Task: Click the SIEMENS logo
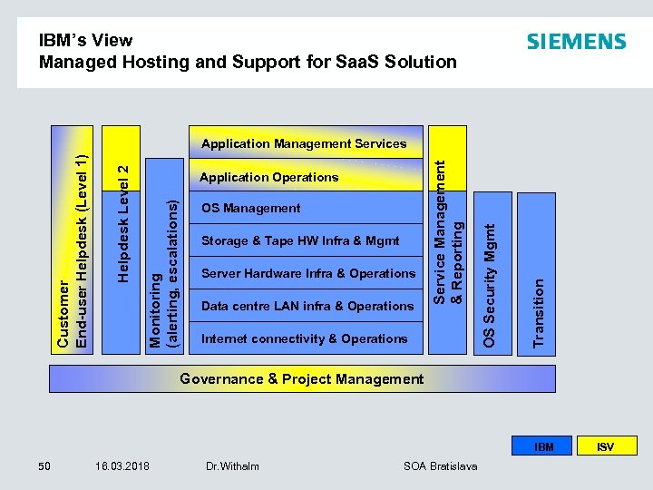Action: pos(576,42)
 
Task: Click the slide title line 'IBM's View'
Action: pos(85,40)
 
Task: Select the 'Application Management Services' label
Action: pos(304,143)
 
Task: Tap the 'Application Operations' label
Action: pos(268,177)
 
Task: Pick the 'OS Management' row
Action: pos(250,208)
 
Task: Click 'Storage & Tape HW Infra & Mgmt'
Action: pos(300,240)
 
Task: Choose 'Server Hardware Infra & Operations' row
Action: pos(307,273)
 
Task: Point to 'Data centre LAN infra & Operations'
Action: pos(307,306)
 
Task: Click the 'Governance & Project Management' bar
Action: pos(302,378)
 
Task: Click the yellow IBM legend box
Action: pos(543,446)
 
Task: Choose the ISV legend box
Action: pos(605,446)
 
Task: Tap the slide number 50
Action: pos(44,465)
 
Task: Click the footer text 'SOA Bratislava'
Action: pos(442,465)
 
